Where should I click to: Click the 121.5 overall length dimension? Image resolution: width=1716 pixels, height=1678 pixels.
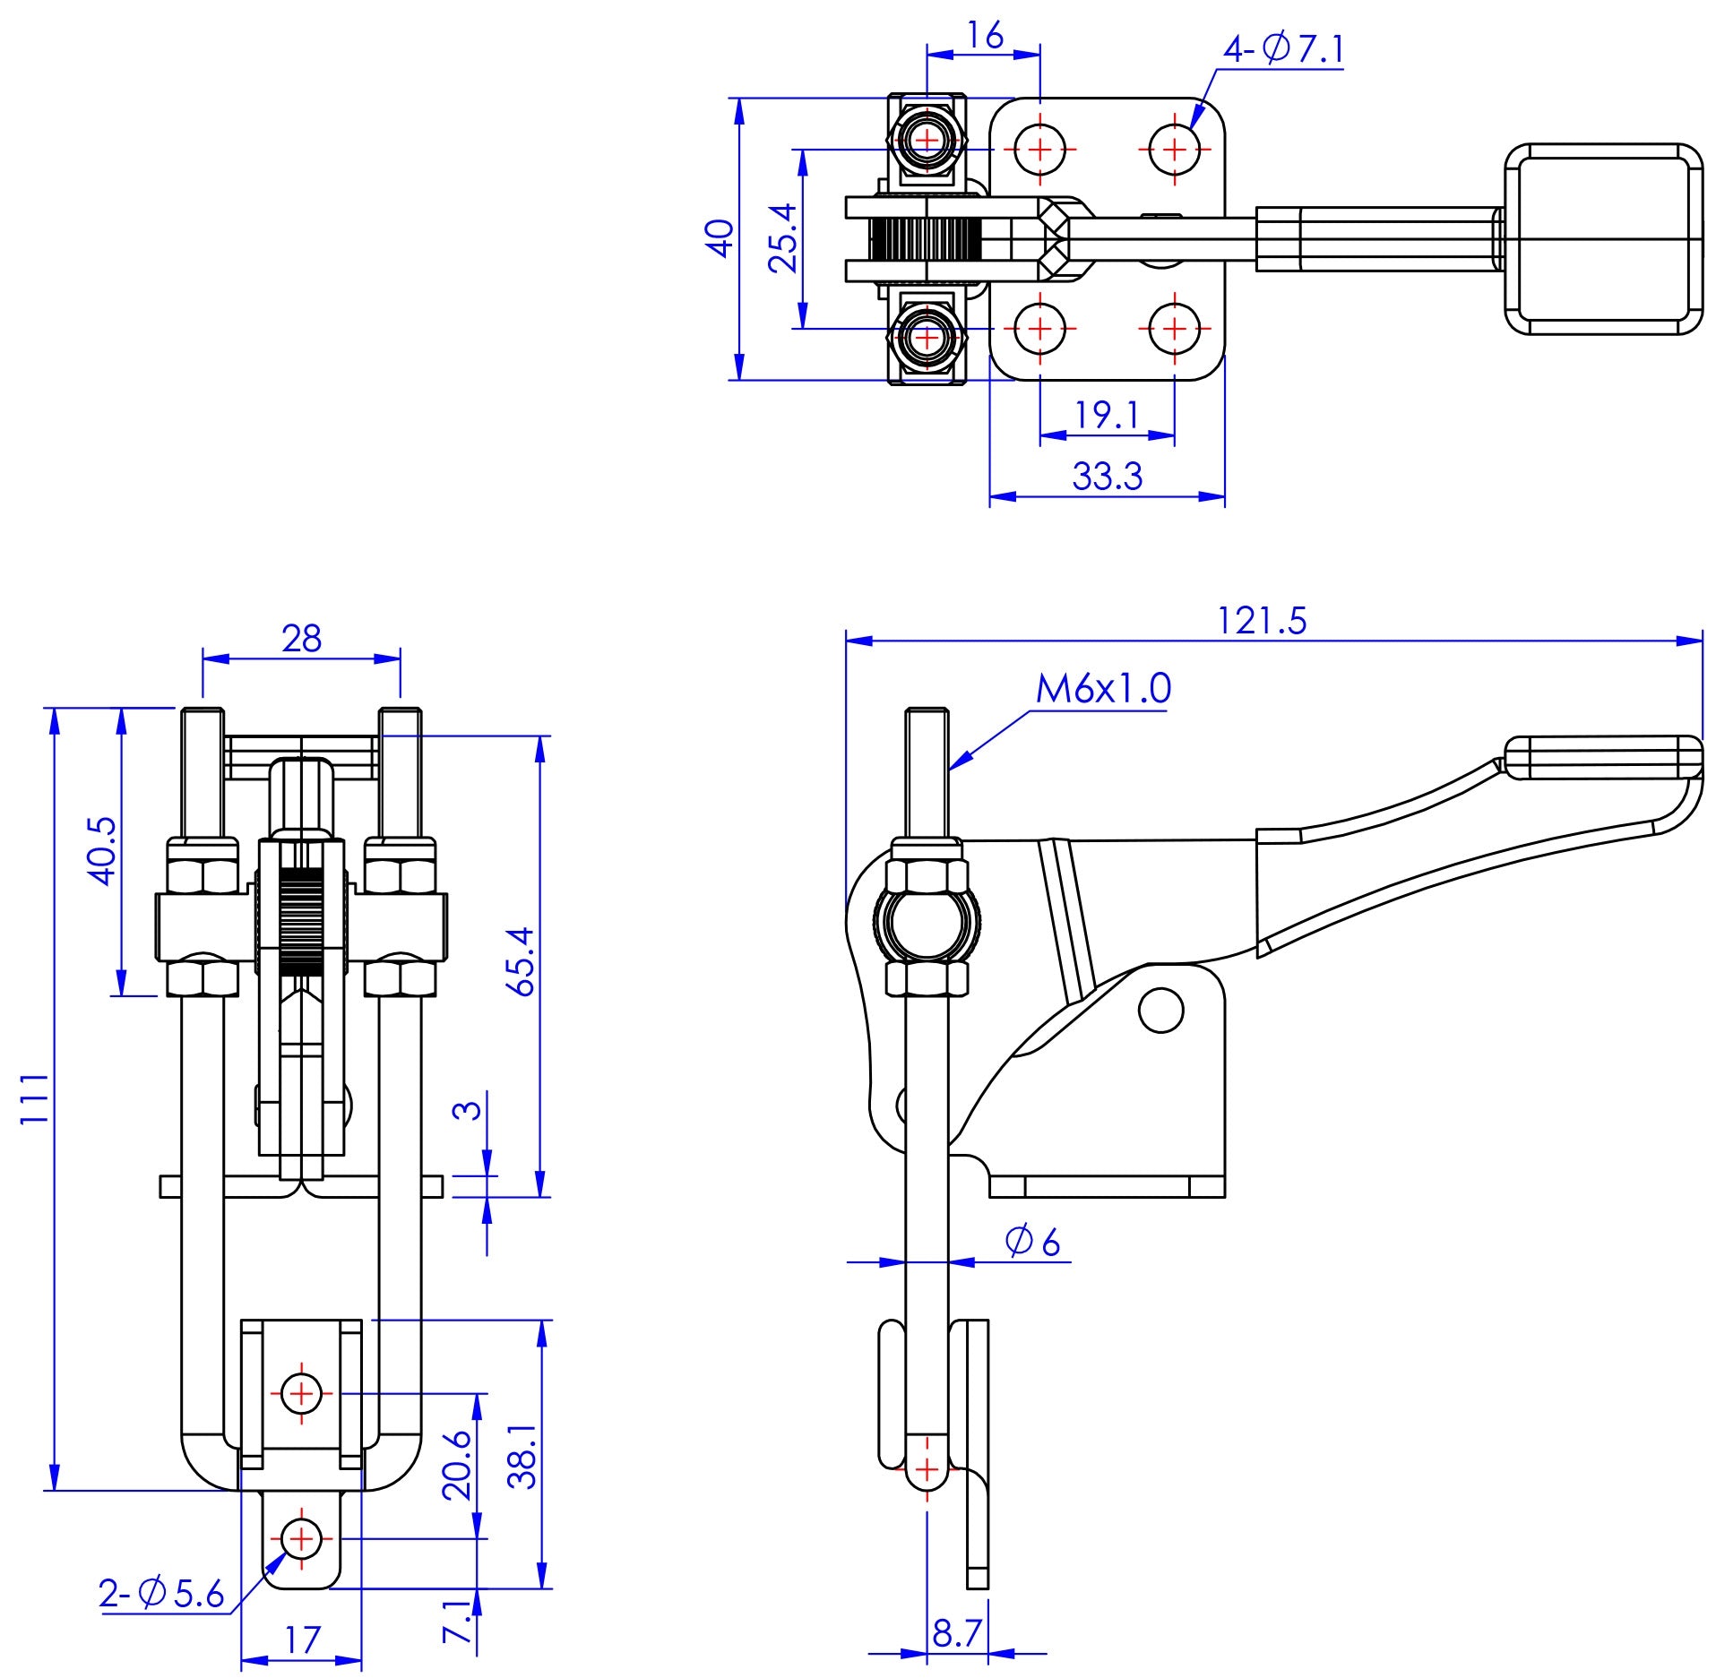1262,621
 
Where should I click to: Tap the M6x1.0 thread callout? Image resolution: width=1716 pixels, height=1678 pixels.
1102,689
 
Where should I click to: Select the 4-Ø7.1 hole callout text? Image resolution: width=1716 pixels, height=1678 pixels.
1283,48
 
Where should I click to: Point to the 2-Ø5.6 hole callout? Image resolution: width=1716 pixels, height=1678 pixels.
161,1594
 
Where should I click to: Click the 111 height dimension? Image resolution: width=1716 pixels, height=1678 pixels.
33,1099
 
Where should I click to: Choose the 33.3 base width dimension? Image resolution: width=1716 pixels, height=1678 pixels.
1108,477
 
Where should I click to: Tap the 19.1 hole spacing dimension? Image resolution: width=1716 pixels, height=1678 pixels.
1107,415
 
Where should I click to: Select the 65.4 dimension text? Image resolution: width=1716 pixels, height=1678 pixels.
521,961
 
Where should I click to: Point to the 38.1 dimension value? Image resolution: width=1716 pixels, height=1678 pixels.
522,1458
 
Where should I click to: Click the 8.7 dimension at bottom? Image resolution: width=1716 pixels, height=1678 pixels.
957,1633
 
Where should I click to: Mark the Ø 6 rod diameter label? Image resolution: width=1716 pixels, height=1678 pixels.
1032,1242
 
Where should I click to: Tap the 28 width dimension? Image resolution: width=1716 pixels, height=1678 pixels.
301,639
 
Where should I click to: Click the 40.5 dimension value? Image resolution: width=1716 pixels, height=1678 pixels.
102,850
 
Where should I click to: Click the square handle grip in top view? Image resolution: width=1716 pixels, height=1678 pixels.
1603,239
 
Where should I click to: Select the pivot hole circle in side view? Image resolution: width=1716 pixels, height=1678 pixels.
1160,1011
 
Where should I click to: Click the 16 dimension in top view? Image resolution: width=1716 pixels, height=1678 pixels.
985,36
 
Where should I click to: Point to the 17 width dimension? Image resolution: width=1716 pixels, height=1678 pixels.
301,1639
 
